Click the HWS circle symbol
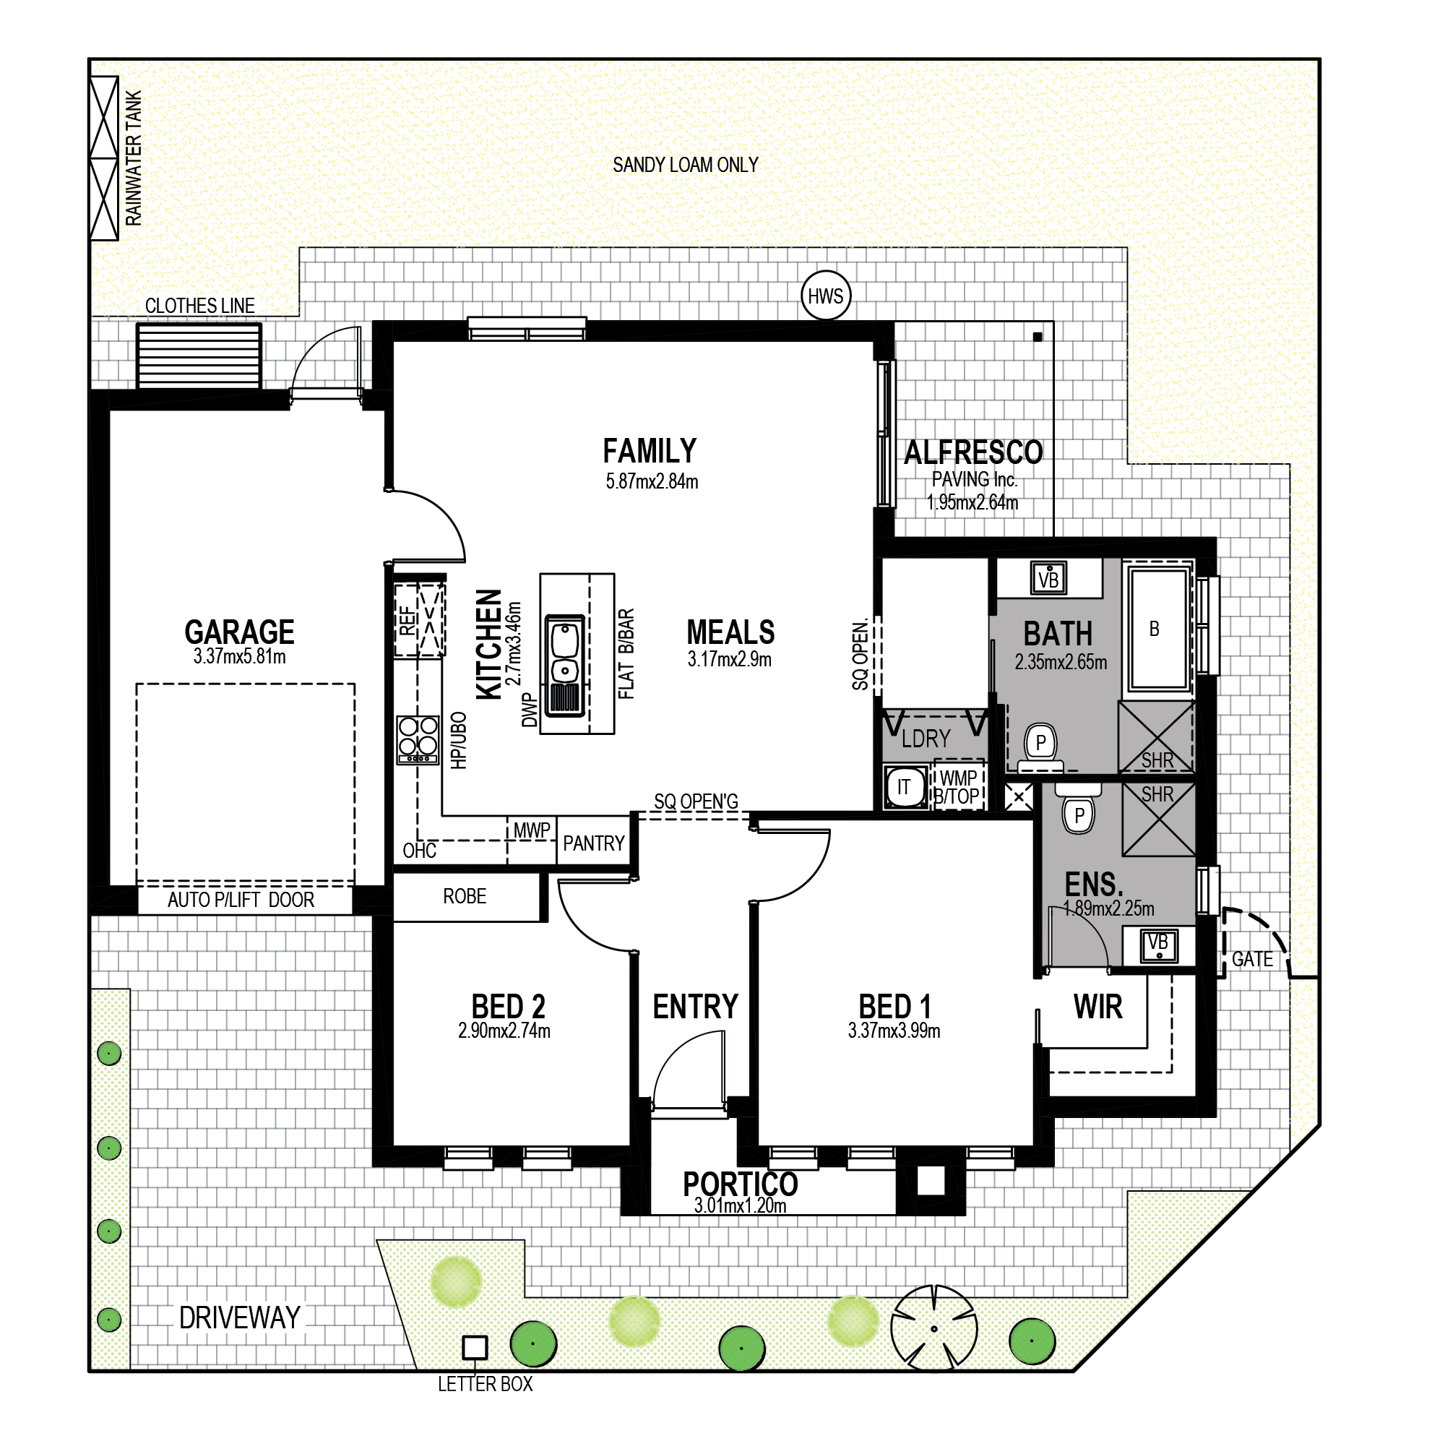click(825, 296)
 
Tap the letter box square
click(475, 1348)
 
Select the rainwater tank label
click(134, 158)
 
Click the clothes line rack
click(199, 356)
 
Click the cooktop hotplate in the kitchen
click(418, 739)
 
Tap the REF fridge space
click(419, 620)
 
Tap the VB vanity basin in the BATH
click(1048, 578)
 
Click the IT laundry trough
click(905, 787)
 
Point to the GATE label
click(1251, 959)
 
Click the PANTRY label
click(593, 844)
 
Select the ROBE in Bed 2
click(465, 896)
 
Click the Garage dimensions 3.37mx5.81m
click(239, 656)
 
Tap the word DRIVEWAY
click(239, 1317)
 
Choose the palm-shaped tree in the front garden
click(933, 1328)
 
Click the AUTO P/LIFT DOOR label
click(241, 899)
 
